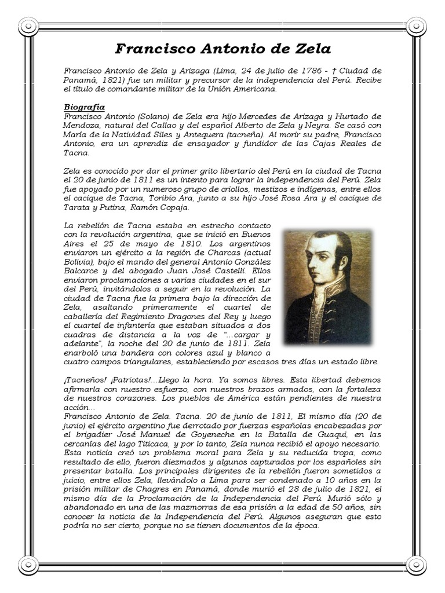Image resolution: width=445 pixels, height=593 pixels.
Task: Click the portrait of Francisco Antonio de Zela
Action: click(x=327, y=287)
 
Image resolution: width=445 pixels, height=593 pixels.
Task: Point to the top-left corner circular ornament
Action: click(x=28, y=26)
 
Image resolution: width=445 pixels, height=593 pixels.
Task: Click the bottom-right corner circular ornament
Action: click(x=416, y=565)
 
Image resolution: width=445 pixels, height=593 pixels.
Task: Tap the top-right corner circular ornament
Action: click(x=416, y=26)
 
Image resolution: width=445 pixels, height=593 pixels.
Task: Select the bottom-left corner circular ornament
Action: click(x=28, y=565)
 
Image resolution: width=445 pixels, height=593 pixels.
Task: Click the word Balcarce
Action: click(x=83, y=270)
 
